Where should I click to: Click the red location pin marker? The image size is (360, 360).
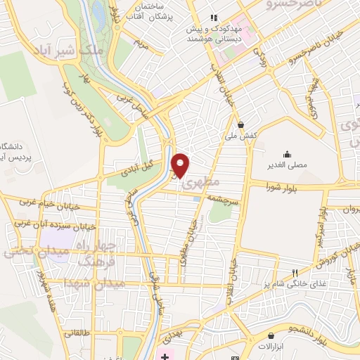181,165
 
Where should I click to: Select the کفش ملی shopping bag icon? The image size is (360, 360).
242,124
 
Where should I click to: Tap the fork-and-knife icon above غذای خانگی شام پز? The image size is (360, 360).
295,273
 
